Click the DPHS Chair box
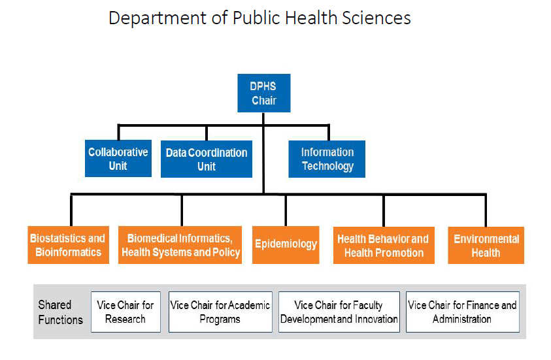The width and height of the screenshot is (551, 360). [264, 93]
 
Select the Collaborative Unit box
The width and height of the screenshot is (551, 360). [118, 158]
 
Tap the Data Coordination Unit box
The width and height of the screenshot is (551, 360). [207, 159]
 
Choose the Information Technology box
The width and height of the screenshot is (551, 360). [327, 159]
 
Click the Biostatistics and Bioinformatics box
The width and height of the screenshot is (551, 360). [68, 245]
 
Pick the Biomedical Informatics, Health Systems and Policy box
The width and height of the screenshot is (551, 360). [180, 245]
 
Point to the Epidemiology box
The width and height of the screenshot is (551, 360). [286, 245]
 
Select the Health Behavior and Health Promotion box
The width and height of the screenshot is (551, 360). [384, 245]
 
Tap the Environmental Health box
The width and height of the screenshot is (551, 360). [486, 245]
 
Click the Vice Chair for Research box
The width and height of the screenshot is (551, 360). [125, 312]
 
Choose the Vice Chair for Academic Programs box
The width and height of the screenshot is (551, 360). [220, 312]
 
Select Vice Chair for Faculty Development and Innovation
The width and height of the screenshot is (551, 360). [339, 312]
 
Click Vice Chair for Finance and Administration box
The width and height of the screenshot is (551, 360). [463, 312]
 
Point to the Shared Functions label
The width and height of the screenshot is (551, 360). [60, 312]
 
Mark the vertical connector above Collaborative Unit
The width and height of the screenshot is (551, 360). [118, 133]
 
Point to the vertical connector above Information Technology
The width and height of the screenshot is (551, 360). [329, 133]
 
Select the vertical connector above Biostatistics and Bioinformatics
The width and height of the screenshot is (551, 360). [71, 210]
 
